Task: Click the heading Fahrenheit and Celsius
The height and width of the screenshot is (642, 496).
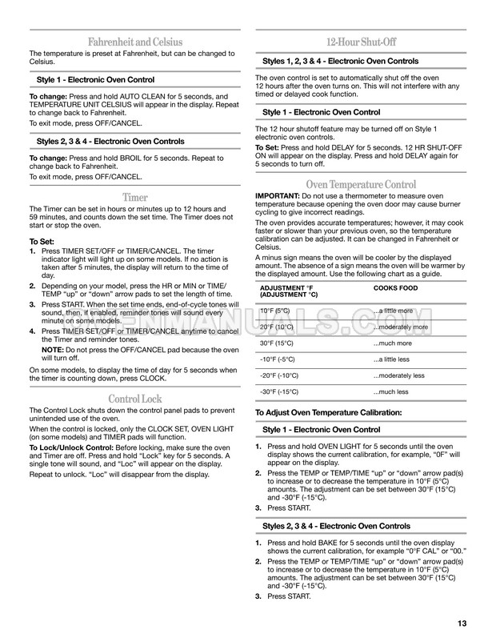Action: (134, 42)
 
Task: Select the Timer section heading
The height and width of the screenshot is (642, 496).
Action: (134, 197)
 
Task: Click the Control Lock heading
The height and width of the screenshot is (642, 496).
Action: (134, 399)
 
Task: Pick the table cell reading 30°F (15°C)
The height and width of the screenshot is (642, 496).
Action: (278, 343)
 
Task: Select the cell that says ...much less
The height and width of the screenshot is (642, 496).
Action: (390, 391)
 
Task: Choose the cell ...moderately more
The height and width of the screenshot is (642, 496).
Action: (400, 327)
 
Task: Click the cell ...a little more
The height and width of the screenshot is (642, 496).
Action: (394, 311)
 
